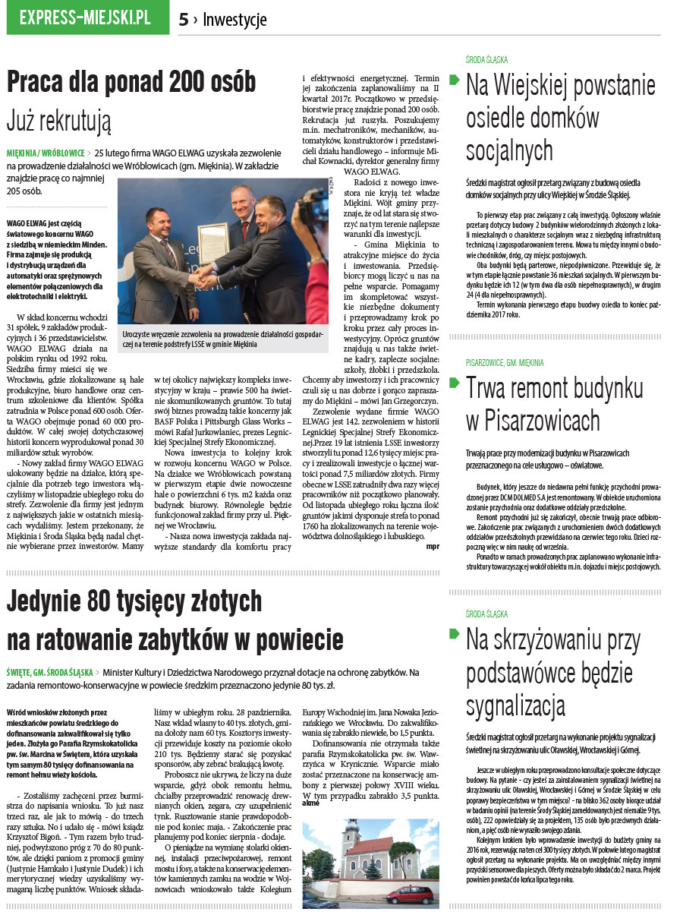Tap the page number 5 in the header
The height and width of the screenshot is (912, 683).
[184, 20]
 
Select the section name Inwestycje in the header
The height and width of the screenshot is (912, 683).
[234, 20]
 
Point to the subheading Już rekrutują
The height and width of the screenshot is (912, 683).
[58, 119]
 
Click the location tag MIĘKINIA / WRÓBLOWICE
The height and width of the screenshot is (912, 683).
[45, 153]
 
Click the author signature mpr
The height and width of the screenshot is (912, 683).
[433, 545]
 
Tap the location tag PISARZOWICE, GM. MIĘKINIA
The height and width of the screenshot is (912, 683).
[505, 363]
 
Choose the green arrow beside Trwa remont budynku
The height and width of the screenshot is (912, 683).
[455, 381]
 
